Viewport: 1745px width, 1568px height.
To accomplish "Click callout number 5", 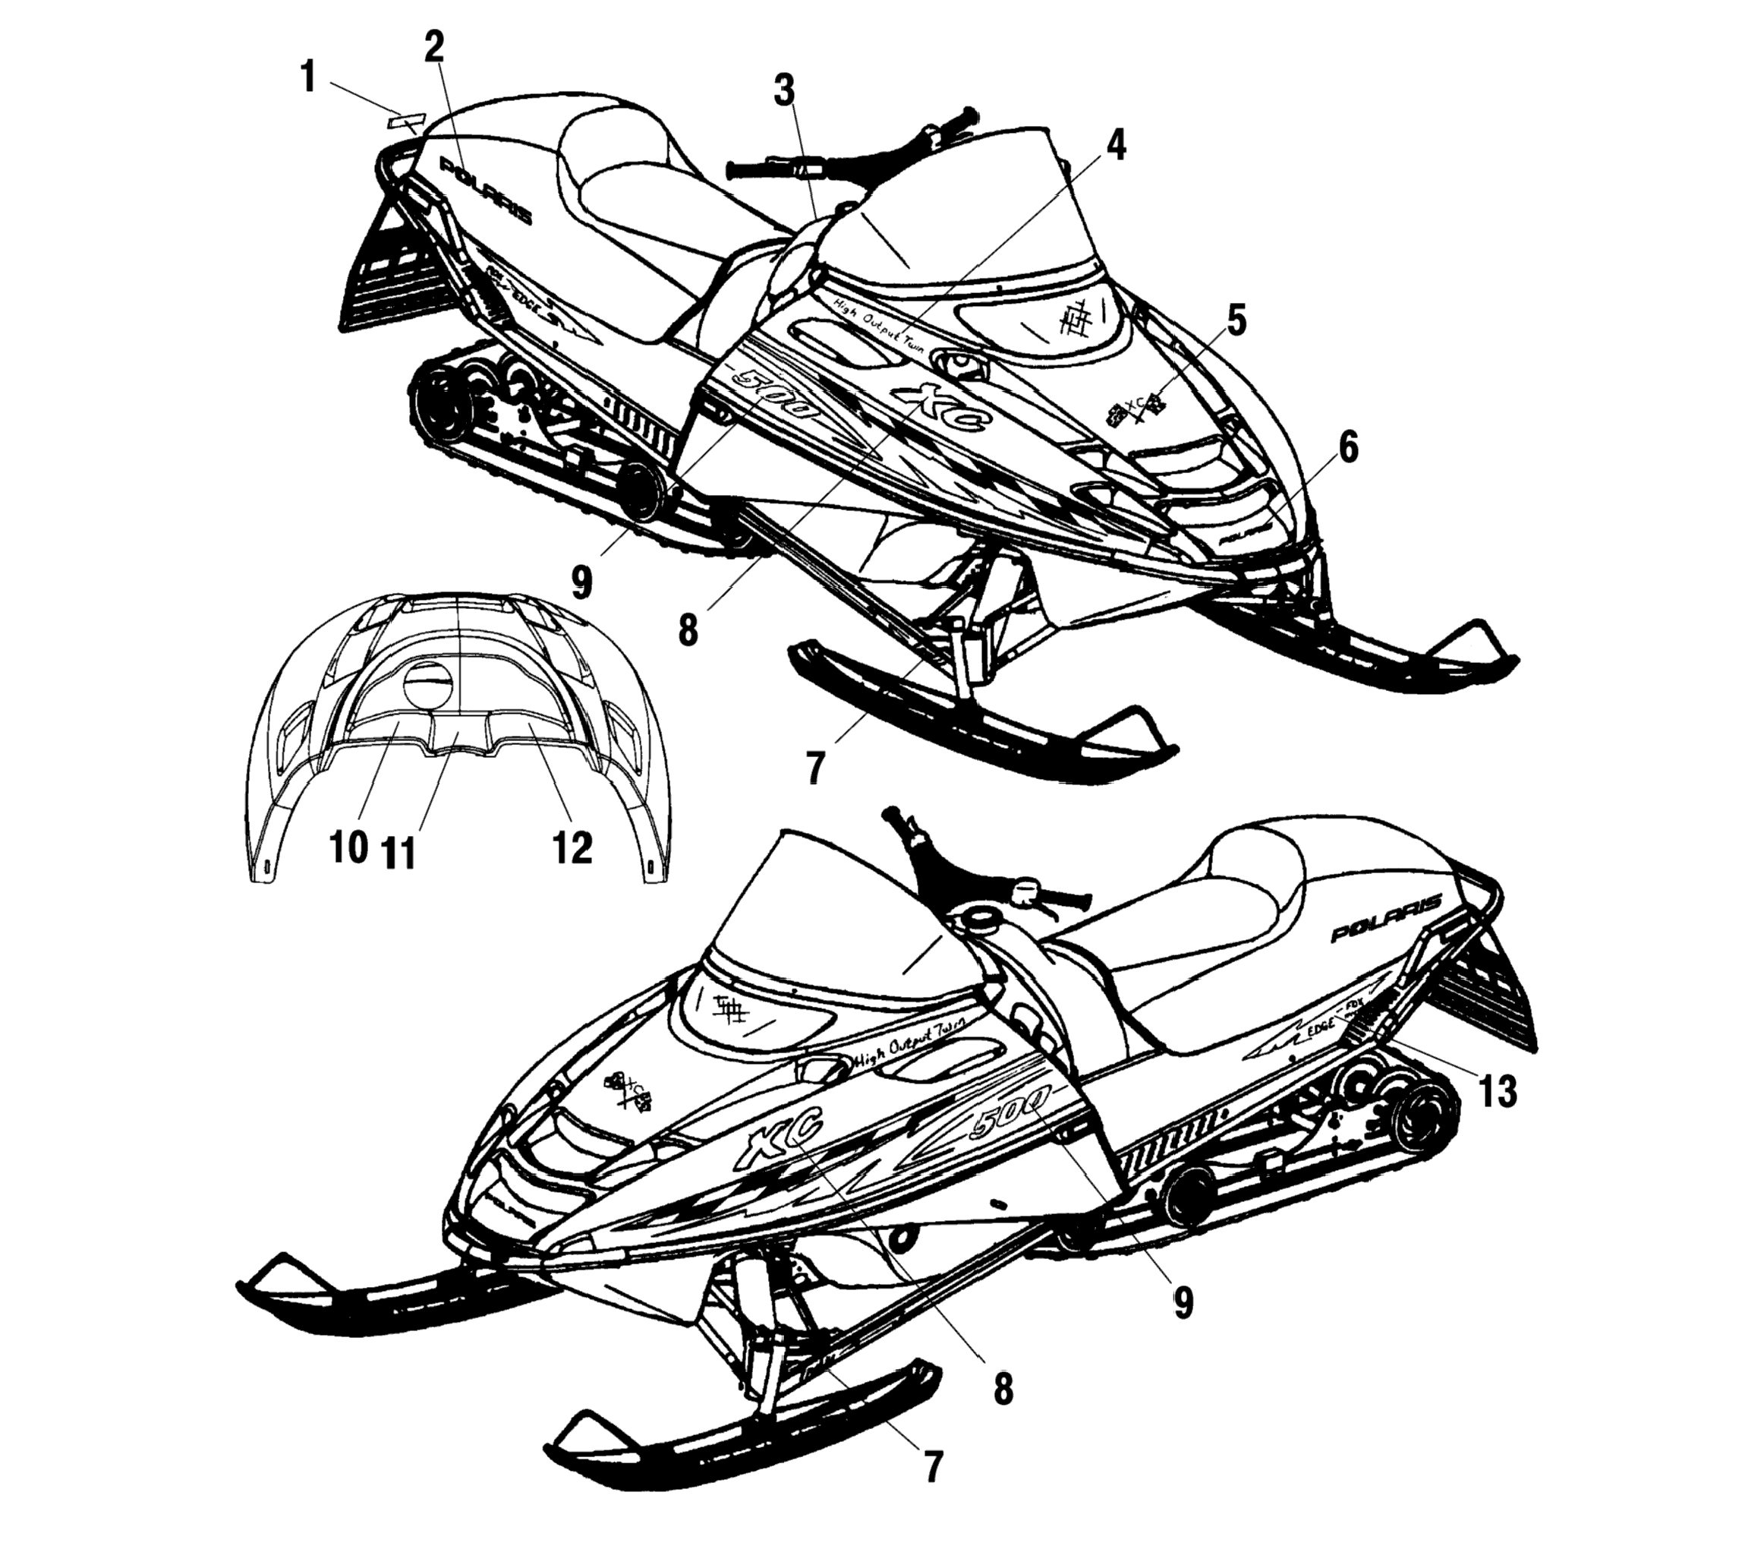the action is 1235,320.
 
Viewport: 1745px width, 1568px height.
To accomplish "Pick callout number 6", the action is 1348,447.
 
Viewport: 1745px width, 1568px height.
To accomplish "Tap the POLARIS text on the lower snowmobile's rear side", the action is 1386,919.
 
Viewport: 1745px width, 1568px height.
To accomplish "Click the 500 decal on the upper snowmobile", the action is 773,393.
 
